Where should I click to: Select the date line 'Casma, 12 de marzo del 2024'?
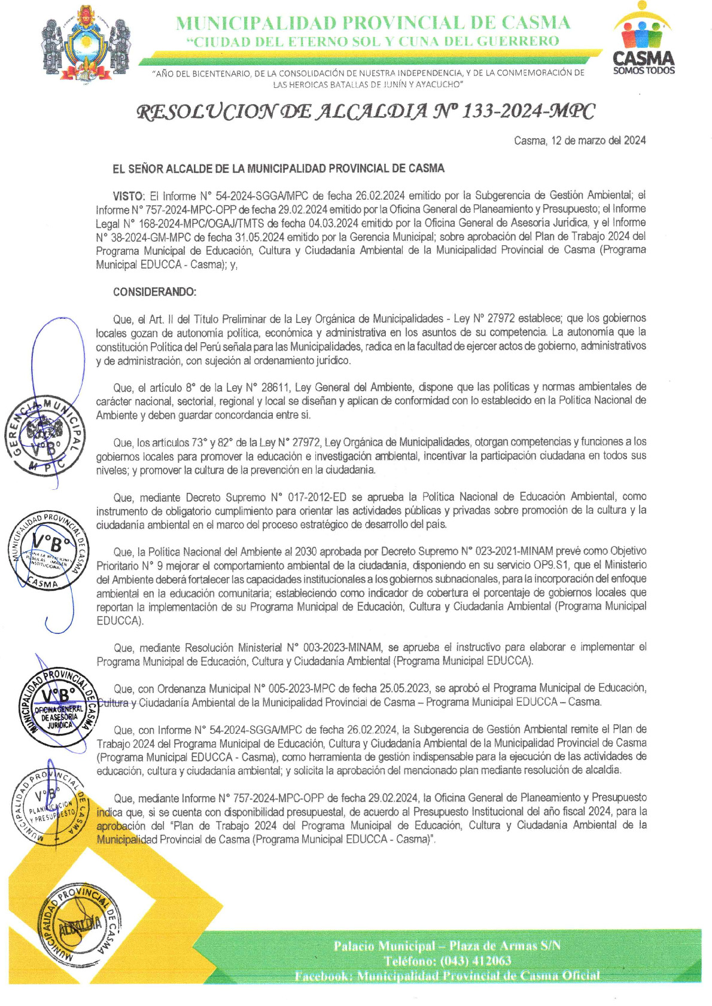[580, 141]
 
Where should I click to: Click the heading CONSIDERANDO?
[154, 292]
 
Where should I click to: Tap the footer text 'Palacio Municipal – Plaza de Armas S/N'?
[447, 946]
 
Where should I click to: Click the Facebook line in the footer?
[447, 975]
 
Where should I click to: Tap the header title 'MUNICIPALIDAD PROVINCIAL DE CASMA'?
[373, 23]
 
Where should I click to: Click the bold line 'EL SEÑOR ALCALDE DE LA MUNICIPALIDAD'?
[278, 169]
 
